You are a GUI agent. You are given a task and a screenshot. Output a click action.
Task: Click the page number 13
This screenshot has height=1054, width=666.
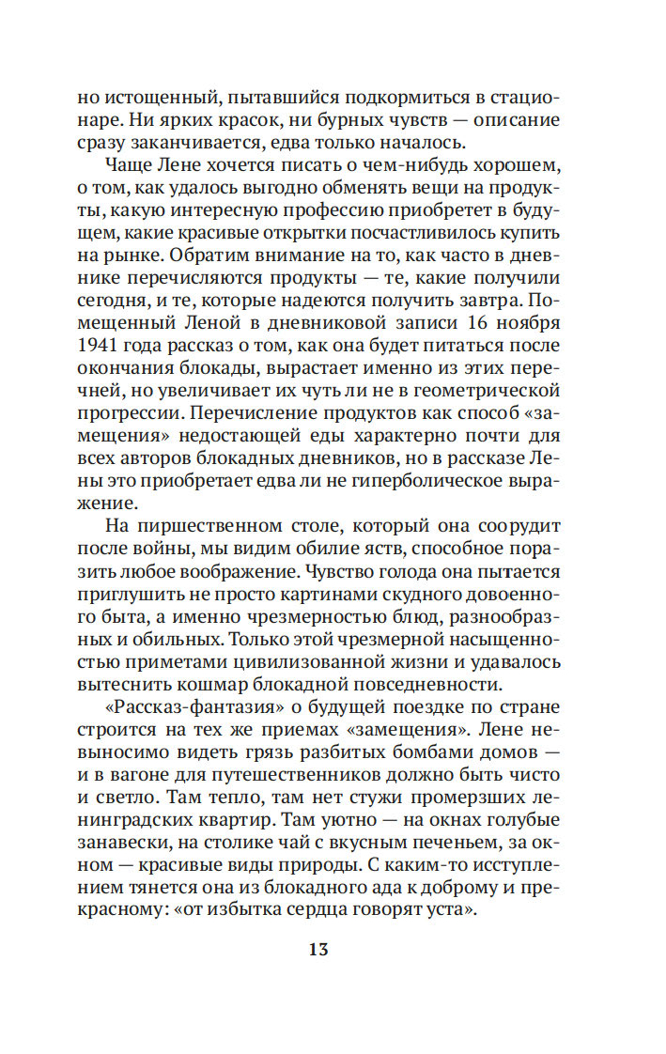pos(318,950)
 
